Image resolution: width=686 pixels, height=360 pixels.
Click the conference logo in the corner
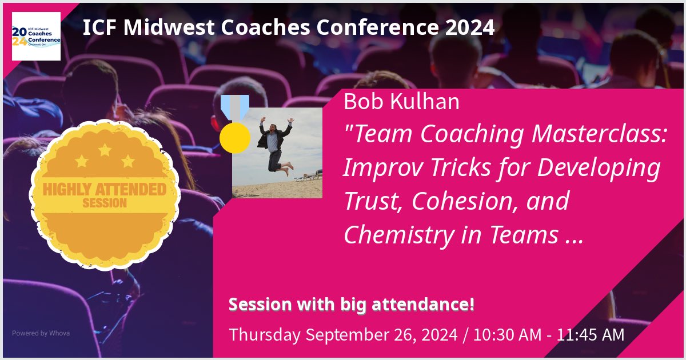(36, 36)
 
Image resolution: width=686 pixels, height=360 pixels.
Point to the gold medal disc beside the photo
(234, 138)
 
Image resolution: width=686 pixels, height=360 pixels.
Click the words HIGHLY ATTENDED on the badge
(105, 189)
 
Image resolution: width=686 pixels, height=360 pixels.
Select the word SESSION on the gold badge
(105, 203)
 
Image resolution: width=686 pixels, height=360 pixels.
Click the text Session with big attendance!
(352, 305)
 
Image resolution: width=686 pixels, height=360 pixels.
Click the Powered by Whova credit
(41, 333)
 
